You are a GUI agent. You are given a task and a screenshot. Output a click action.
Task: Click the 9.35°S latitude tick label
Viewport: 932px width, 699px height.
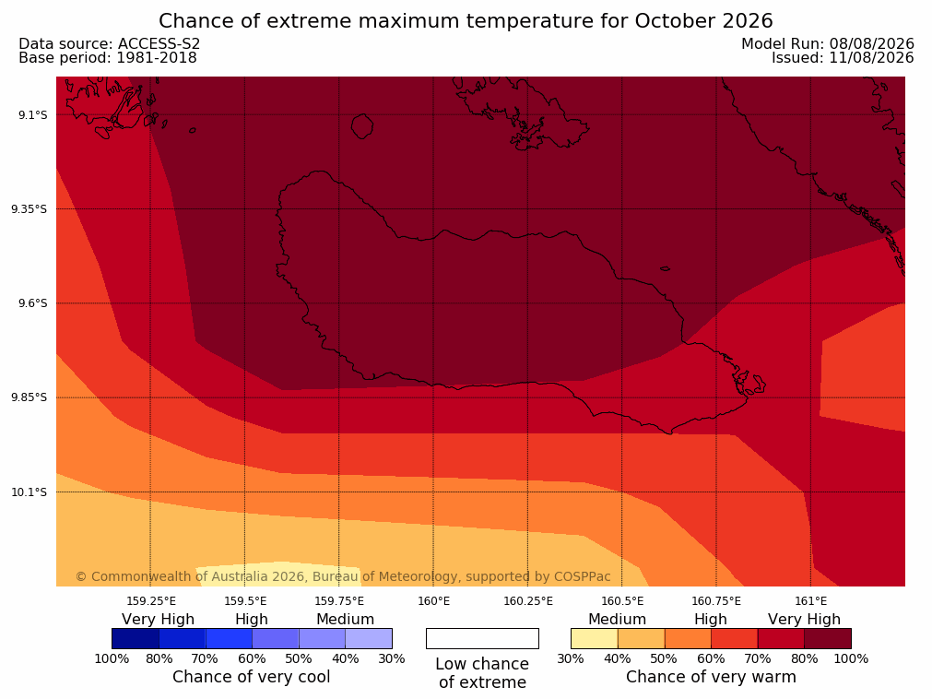(x=29, y=208)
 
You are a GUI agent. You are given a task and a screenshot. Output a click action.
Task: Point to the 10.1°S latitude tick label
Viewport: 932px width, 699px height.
(x=29, y=492)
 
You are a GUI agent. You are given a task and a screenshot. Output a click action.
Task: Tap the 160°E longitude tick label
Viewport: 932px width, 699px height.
(x=433, y=601)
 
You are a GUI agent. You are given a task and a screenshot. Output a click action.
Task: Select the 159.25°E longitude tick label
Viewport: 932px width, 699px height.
(x=151, y=601)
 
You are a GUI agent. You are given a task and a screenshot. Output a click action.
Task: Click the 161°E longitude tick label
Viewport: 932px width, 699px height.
(x=810, y=601)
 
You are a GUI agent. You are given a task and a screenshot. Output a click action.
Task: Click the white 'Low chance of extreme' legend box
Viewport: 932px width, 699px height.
(x=482, y=638)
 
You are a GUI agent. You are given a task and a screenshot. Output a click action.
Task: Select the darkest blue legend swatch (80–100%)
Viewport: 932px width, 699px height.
(x=136, y=638)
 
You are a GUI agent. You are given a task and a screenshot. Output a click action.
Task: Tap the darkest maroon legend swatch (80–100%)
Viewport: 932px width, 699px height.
(x=828, y=638)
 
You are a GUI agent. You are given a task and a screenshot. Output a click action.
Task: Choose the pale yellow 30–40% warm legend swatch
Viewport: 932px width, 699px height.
(x=595, y=638)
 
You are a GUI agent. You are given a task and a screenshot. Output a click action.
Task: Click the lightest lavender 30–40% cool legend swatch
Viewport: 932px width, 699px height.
(x=369, y=638)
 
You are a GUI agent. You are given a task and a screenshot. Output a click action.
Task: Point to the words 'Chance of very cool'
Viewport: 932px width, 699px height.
(x=252, y=677)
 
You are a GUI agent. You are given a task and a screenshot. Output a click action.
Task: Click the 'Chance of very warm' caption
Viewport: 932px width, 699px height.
(x=711, y=677)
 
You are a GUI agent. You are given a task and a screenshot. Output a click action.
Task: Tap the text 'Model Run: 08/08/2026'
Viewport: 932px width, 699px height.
(x=828, y=44)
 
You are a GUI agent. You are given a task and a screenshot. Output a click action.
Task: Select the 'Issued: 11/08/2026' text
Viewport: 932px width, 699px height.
(x=843, y=58)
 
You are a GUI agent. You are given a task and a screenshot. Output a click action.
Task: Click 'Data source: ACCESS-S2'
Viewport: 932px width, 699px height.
(x=110, y=44)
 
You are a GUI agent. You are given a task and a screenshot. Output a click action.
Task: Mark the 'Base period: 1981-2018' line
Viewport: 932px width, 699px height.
(x=108, y=58)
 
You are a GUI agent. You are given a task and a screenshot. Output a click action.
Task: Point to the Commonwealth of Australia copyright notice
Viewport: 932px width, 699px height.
(x=343, y=576)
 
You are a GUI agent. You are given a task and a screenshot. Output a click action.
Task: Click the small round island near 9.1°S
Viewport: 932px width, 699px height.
(x=362, y=126)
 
